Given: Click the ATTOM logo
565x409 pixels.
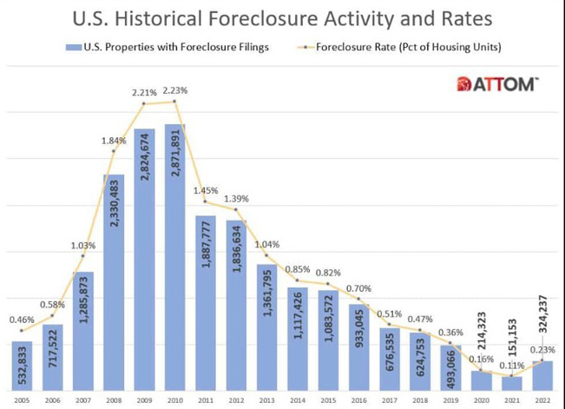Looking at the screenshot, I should (497, 84).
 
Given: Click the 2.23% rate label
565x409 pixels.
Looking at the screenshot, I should (175, 90).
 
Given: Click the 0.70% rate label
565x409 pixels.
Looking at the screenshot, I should (358, 287).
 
